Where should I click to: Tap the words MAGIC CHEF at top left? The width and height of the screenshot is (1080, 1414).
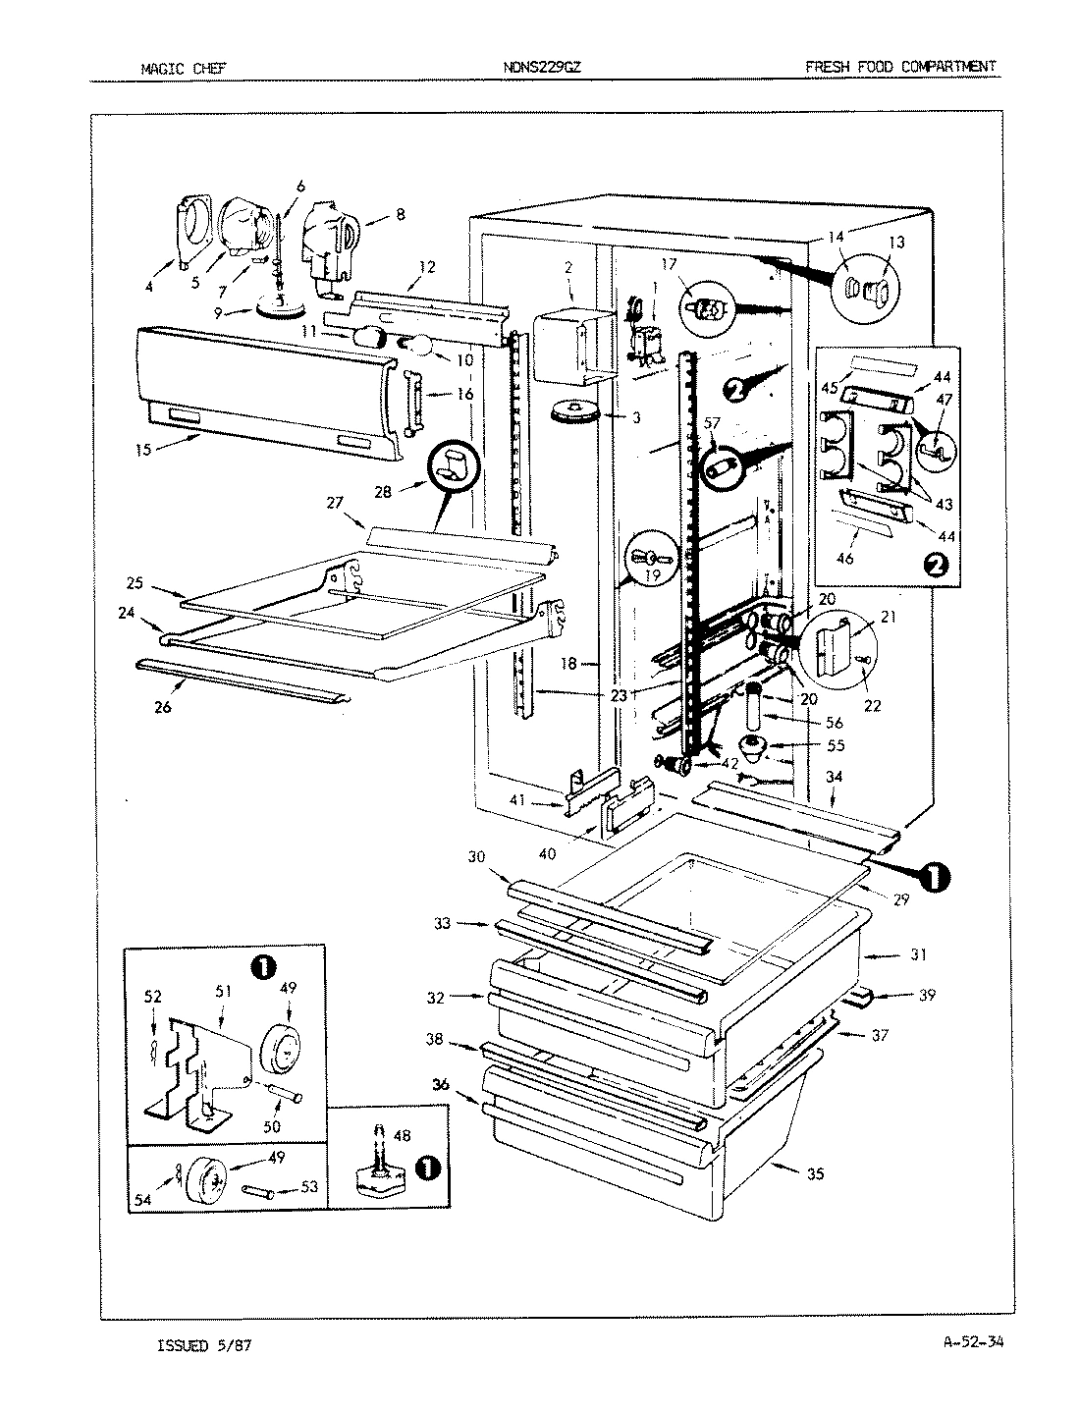point(184,69)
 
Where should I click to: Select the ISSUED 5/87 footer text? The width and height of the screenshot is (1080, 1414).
point(204,1345)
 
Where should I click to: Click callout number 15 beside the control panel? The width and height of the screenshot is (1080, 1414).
point(142,450)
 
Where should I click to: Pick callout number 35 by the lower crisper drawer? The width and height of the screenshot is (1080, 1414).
point(814,1172)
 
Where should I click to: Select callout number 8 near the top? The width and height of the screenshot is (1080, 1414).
point(373,212)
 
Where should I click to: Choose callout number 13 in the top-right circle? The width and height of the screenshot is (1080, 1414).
point(897,243)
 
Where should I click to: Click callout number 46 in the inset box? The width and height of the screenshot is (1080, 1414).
point(844,559)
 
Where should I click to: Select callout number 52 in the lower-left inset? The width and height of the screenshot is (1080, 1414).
point(153,995)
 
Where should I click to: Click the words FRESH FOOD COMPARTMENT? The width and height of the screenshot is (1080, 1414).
point(900,67)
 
